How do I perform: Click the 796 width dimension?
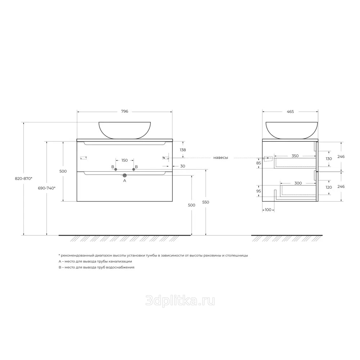point(125,112)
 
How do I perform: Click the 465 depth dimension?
point(290,112)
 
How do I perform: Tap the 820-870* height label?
point(23,179)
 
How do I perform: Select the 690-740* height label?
point(46,188)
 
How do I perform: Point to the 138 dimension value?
point(183,150)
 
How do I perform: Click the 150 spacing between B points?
point(125,160)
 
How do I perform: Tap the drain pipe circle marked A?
point(125,175)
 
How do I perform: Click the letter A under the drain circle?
point(125,181)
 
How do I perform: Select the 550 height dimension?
point(206,202)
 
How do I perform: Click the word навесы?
point(221,158)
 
